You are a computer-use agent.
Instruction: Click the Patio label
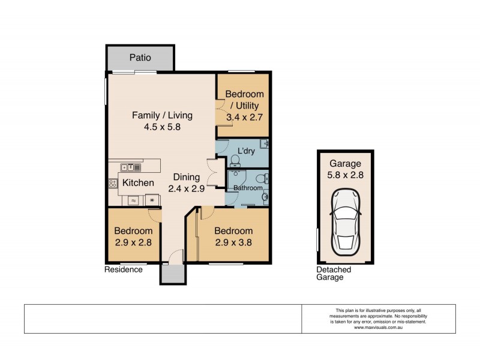pos(140,58)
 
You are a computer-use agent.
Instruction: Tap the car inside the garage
pos(345,220)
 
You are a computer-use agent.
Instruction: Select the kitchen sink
pos(130,167)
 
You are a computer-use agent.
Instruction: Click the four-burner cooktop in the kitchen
pos(113,184)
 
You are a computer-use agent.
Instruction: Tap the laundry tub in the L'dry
pos(264,145)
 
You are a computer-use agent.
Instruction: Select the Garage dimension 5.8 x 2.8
pos(345,176)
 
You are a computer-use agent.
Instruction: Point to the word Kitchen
pos(139,182)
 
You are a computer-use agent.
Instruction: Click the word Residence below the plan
pos(124,269)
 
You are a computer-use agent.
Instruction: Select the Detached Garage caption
pos(334,274)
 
